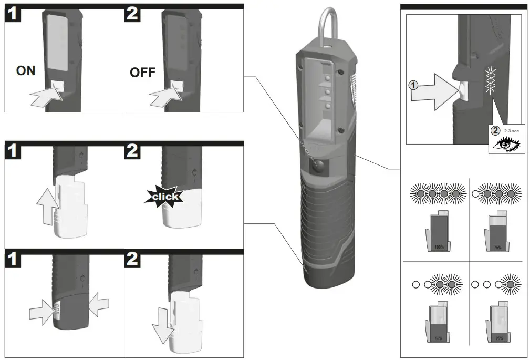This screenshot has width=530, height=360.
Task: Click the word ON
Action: (26, 70)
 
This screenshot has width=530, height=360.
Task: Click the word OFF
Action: (142, 73)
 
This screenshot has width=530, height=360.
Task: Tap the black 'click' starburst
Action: (165, 197)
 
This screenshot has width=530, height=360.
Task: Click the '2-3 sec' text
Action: (511, 129)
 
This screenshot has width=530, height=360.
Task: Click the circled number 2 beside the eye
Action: (495, 130)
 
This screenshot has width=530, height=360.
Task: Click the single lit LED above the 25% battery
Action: (508, 284)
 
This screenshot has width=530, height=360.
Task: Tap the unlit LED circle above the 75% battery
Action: (476, 193)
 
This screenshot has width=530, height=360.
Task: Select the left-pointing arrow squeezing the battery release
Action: (99, 304)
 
